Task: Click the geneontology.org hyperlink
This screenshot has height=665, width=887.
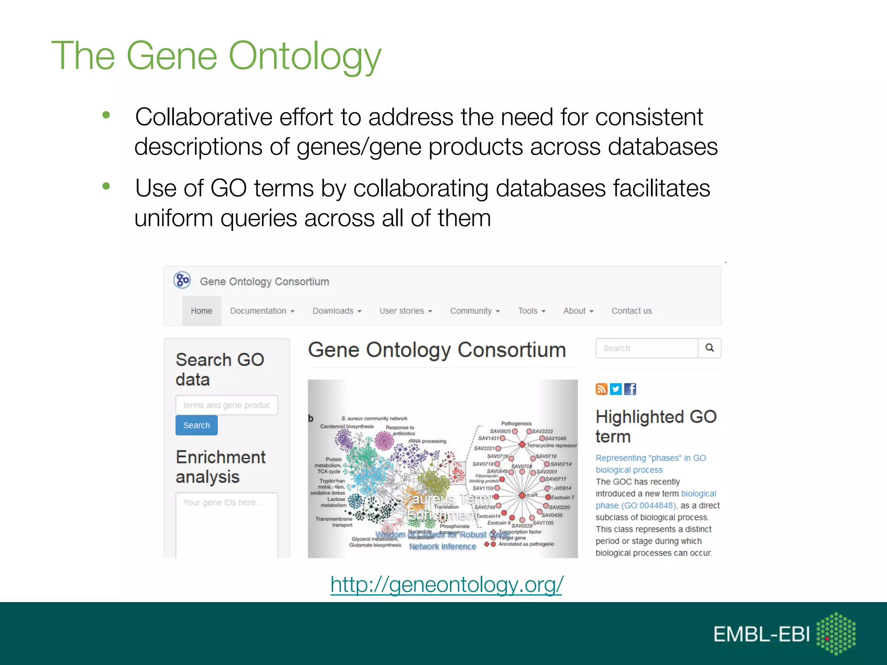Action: (446, 584)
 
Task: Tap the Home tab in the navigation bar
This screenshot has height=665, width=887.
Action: (201, 311)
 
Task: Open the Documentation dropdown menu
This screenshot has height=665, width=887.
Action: (262, 311)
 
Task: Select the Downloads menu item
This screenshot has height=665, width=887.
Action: (337, 311)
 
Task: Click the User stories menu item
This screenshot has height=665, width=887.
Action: (406, 311)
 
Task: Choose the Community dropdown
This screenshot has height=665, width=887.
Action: (475, 311)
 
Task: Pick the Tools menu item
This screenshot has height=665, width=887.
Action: (531, 311)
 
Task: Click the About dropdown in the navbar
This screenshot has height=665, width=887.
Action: (578, 311)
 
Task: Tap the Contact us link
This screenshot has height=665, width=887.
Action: (631, 311)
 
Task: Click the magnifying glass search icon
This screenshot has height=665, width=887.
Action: (709, 348)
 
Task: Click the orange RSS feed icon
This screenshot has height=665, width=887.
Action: (602, 389)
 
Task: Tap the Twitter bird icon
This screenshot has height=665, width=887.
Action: (615, 389)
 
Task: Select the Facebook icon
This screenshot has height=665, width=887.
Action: (630, 389)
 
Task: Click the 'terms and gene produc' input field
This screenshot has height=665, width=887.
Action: (227, 405)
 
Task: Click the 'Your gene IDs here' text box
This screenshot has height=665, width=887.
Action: (227, 524)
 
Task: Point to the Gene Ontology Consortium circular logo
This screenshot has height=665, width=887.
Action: (182, 280)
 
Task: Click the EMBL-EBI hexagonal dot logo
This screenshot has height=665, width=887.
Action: (835, 633)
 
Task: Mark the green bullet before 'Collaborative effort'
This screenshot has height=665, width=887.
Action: (106, 115)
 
